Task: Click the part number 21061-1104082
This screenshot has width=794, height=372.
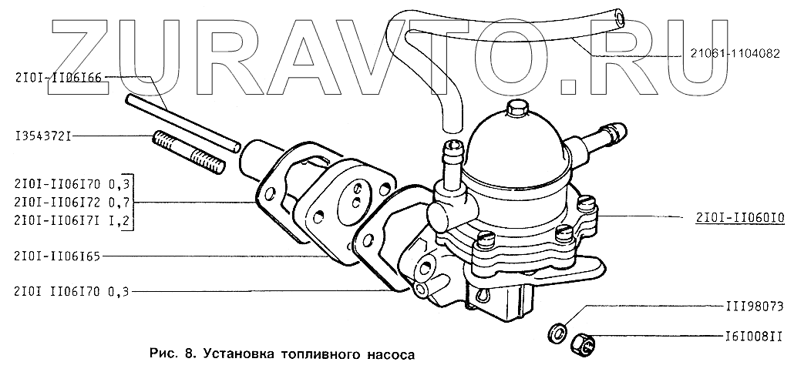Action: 735,54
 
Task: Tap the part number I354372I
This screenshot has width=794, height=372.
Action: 36,136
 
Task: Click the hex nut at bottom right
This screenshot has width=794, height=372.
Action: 583,345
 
